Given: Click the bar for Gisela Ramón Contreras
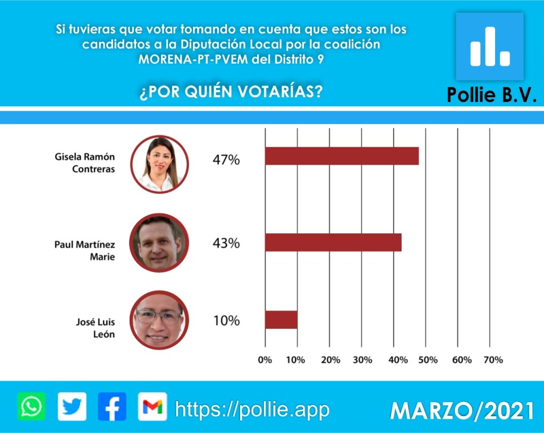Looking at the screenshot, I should point(342,156).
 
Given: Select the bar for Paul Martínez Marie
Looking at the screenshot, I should point(333,242).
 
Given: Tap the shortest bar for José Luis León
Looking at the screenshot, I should point(281,320).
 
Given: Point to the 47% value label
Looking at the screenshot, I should point(226,159).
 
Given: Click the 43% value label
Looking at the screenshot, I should point(226,243).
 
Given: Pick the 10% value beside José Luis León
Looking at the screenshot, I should point(226,321).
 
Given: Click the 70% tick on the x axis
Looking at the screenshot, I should point(492,360).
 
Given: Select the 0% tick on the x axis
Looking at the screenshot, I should point(265,360).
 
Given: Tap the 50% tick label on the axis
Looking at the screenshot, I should point(428,360).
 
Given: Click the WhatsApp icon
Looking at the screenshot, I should point(31,407).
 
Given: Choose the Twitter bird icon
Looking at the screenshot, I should point(72,407).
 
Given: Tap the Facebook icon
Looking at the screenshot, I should point(112,407).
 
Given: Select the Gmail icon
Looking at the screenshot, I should point(152,407).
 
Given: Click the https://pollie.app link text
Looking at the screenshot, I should point(252,410).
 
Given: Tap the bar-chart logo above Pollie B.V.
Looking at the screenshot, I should point(489,47).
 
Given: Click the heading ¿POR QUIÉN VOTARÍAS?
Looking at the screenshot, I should point(231,92).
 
